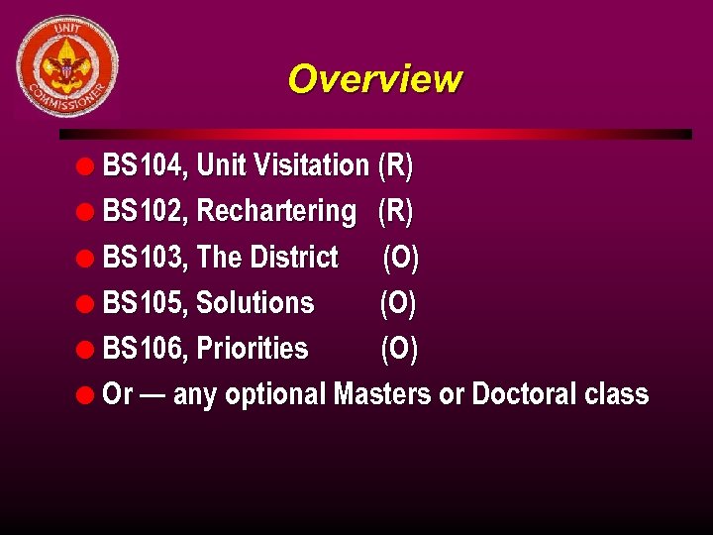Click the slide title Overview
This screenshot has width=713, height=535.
[374, 79]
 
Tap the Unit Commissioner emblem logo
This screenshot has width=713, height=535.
[67, 66]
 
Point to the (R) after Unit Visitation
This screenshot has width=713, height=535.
[395, 165]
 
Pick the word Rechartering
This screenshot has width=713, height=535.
[276, 212]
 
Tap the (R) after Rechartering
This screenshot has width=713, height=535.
[395, 211]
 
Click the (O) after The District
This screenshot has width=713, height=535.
[400, 258]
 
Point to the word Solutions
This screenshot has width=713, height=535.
[255, 303]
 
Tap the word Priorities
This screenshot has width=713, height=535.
[253, 349]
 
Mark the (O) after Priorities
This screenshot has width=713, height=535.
[399, 349]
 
